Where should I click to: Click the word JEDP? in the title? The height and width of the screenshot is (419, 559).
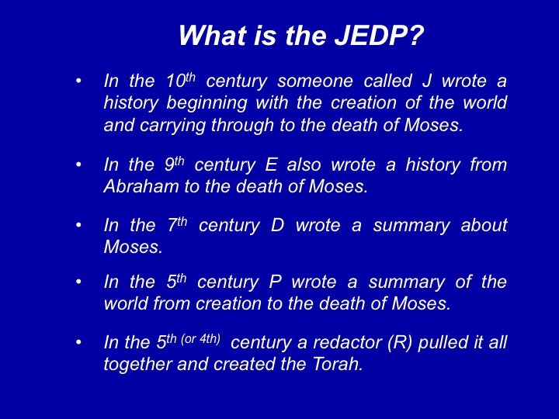(380, 35)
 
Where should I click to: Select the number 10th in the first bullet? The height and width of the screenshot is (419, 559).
(181, 81)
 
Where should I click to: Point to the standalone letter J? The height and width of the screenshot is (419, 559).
(426, 81)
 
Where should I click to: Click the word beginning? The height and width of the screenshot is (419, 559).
(207, 104)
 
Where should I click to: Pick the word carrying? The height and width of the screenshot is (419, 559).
(172, 126)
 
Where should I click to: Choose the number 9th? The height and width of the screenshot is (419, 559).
(175, 164)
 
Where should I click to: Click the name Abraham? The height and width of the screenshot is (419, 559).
(141, 186)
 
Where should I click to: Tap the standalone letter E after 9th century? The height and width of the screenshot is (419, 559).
(271, 164)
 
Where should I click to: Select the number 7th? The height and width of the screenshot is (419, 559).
(177, 224)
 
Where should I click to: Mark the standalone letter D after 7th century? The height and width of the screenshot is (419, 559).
(278, 225)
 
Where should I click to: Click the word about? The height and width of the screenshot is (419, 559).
(484, 225)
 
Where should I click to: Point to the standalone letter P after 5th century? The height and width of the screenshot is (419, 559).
(275, 282)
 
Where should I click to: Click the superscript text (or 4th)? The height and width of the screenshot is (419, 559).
(201, 338)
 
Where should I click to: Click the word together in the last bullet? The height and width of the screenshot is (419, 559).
(138, 365)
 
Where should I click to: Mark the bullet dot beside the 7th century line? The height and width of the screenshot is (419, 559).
(78, 225)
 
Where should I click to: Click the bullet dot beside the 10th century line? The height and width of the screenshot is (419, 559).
(78, 81)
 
